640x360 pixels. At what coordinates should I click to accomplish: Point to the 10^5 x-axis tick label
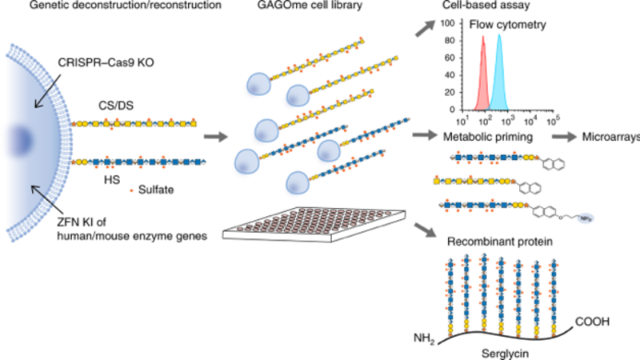click(551, 120)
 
